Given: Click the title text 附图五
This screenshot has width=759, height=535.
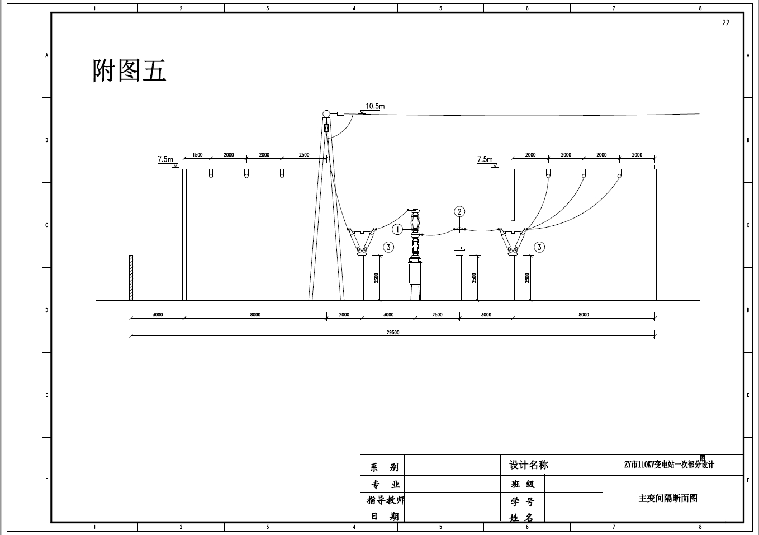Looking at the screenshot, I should click(x=129, y=71).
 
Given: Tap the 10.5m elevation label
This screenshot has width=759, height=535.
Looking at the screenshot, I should click(x=375, y=106).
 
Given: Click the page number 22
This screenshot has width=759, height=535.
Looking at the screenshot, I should click(x=725, y=22).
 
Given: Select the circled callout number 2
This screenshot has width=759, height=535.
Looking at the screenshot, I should click(x=459, y=211).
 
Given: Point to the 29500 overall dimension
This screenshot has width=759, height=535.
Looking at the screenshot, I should click(x=393, y=333).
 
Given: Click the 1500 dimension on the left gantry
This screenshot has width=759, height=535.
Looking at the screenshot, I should click(x=197, y=155).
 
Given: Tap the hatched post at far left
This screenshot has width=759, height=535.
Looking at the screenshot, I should click(x=131, y=278).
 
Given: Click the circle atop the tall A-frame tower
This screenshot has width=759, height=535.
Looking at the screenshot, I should click(x=326, y=114).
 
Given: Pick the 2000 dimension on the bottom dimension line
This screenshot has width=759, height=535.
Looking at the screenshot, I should click(x=344, y=315).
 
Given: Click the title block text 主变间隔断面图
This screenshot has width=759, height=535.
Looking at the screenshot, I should click(x=668, y=498).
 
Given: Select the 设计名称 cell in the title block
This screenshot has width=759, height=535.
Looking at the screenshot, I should click(x=529, y=465).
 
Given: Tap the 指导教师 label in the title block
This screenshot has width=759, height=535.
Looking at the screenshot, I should click(x=386, y=500).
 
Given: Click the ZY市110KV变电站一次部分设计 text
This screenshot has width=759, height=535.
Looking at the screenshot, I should click(x=669, y=465).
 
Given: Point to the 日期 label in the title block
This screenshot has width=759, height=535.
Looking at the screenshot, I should click(x=385, y=516).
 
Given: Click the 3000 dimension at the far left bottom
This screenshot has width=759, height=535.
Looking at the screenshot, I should click(x=158, y=315).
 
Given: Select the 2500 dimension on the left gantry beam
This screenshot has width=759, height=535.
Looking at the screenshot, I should click(x=303, y=155).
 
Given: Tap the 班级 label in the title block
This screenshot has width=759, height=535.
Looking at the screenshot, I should click(x=523, y=484).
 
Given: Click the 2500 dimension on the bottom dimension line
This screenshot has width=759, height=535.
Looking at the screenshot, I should click(x=437, y=315).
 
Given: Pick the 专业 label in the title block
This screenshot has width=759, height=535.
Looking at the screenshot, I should click(x=386, y=484).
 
